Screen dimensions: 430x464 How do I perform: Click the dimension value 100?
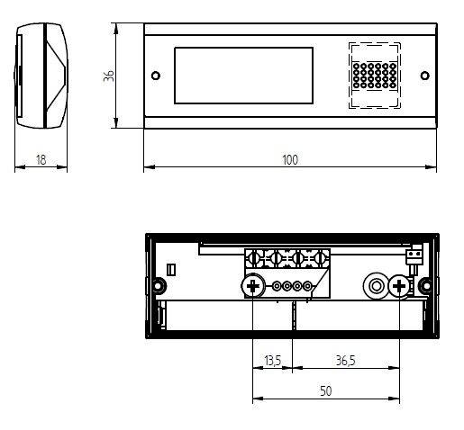tap(289, 160)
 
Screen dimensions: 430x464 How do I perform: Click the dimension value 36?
tap(108, 76)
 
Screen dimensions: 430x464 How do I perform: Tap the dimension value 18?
tap(41, 160)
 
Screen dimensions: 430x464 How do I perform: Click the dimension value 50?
tap(324, 391)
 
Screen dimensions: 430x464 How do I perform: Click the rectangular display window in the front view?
tap(243, 76)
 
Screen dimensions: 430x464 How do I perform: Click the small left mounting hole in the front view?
tap(156, 76)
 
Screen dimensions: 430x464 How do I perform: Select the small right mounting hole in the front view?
tap(423, 76)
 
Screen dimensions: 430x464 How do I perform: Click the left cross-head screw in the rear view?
tap(253, 287)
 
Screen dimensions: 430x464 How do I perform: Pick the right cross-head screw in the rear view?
tap(397, 287)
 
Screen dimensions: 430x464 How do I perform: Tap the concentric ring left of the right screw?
tap(374, 287)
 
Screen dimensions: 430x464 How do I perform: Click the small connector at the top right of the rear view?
tap(414, 258)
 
